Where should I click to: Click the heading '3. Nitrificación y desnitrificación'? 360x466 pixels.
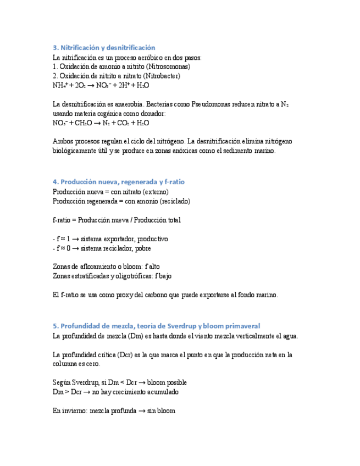(104, 48)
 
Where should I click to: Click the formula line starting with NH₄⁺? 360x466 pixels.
(101, 85)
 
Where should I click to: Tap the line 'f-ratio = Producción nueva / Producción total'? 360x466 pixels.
(117, 220)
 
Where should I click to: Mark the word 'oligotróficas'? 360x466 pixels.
(136, 276)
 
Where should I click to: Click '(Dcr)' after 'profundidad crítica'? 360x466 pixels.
(132, 354)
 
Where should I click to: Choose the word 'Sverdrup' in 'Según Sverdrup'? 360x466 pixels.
(91, 382)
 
